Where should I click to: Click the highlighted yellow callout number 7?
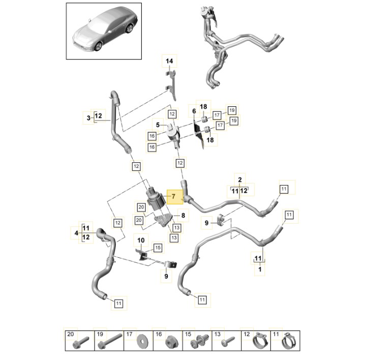(x=173, y=196)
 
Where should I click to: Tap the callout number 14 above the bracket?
(x=169, y=61)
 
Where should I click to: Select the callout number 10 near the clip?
(x=141, y=240)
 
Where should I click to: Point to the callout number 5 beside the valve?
(x=158, y=125)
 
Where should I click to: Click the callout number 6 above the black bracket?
(x=194, y=111)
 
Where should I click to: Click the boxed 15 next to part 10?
(x=158, y=248)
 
